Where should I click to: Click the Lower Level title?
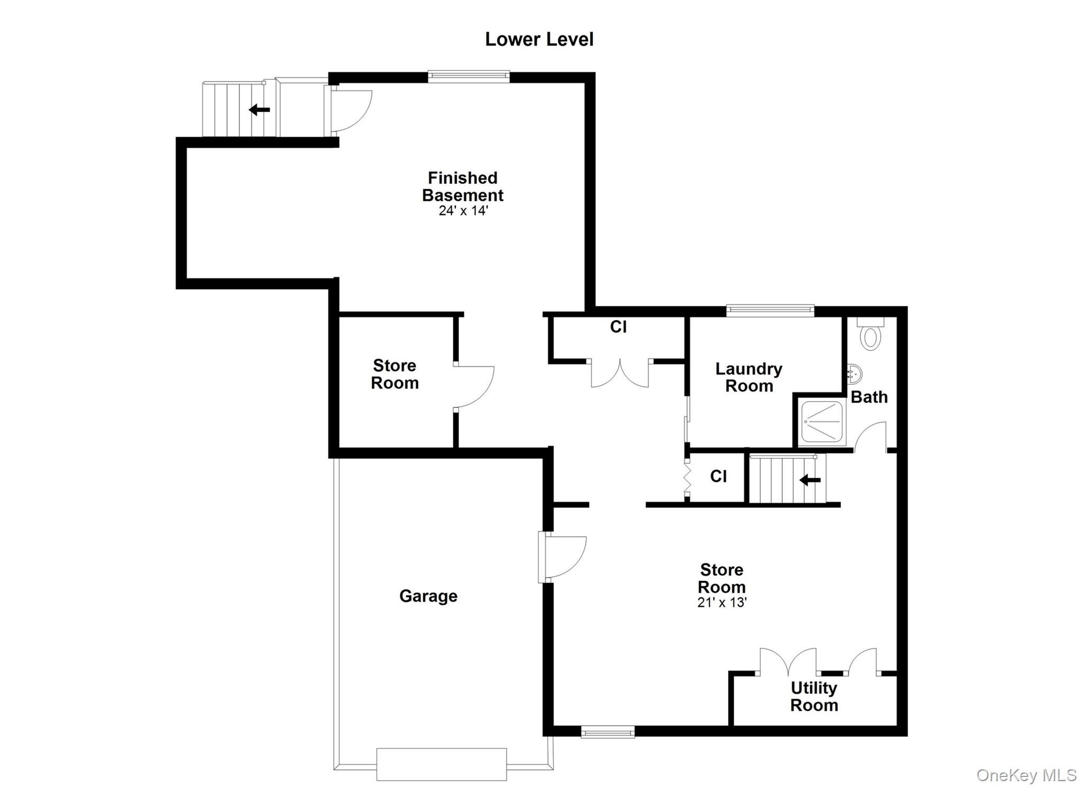[539, 40]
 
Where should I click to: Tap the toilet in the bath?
[870, 333]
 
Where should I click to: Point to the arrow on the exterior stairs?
[259, 110]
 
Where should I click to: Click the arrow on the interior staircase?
[810, 480]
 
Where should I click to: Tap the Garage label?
[428, 596]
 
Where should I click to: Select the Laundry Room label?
[749, 377]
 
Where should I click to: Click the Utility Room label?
[814, 696]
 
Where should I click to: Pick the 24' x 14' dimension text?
[463, 211]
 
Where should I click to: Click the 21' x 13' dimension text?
[722, 603]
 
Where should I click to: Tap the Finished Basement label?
[463, 187]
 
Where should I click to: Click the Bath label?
[869, 397]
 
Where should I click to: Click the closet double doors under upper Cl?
[619, 373]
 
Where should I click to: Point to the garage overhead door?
[442, 764]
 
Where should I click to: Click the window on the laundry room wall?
[770, 311]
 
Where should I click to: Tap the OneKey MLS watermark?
[1026, 775]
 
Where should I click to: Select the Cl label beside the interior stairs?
[718, 477]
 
